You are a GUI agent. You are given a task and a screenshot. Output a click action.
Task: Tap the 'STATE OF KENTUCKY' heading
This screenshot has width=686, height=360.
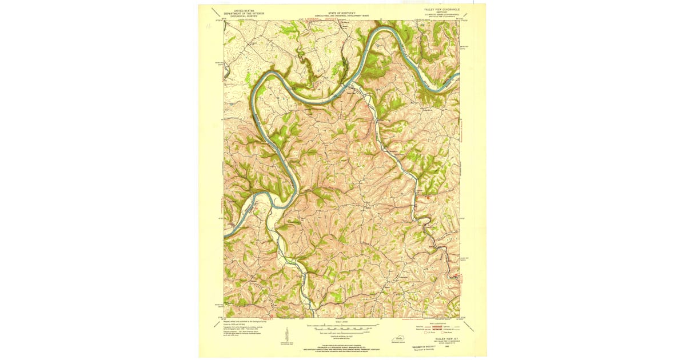click(x=341, y=11)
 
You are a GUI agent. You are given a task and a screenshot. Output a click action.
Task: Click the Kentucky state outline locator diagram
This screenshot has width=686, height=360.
click(x=396, y=341)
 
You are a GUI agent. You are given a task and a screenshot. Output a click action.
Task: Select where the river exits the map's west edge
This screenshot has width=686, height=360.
click(x=225, y=234)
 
